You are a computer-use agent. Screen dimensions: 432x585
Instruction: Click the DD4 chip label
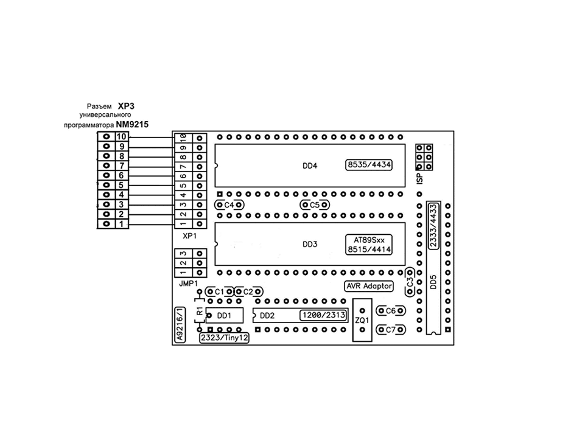coord(310,165)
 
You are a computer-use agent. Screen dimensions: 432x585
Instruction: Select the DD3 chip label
coord(310,245)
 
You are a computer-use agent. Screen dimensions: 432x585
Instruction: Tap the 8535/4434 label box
coord(370,165)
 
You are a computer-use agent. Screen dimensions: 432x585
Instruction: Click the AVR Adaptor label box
coord(369,286)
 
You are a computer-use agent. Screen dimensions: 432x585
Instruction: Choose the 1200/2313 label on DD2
coord(323,315)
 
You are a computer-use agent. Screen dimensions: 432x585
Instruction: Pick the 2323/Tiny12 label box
coord(225,338)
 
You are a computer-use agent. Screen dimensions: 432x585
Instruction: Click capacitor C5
coord(315,205)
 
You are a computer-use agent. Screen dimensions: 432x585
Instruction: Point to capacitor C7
coord(391,330)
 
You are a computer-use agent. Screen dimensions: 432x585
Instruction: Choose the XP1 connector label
coord(190,235)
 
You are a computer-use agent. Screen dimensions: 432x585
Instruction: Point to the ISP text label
coord(419,176)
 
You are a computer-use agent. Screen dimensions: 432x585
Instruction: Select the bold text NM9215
coord(133,124)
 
